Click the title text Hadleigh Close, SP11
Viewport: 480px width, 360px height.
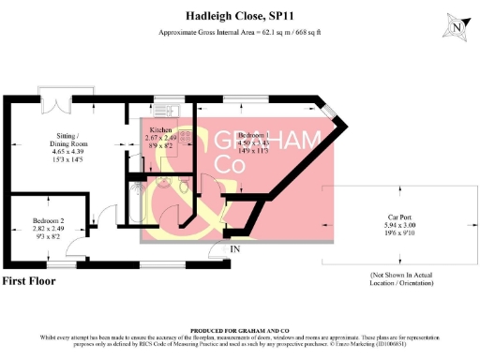[239, 17]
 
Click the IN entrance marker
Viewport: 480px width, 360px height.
[236, 248]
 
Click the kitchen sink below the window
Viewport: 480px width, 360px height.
[170, 106]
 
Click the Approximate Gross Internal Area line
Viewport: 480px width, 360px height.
[239, 34]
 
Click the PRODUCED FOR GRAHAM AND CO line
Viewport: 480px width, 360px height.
[239, 331]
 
